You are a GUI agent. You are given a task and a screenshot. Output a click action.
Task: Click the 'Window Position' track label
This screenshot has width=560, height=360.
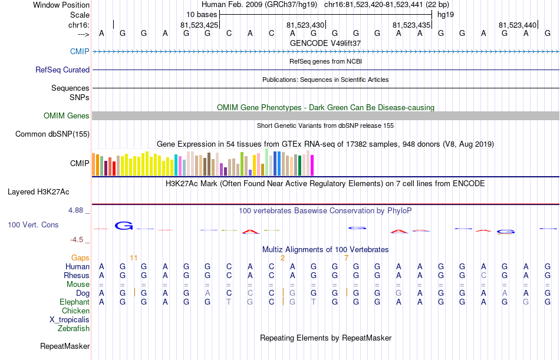61,5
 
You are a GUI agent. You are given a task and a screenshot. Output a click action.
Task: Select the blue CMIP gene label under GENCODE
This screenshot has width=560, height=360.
80,51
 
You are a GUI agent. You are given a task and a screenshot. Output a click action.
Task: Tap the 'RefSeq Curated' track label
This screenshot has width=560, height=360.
62,70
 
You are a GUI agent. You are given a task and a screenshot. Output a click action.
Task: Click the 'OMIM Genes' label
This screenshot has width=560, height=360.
67,115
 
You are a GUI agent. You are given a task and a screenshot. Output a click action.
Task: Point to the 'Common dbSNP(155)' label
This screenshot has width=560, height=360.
52,134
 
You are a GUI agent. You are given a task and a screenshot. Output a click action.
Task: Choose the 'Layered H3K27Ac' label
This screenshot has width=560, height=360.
38,192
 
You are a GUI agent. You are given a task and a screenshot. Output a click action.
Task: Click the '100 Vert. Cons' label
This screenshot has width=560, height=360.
33,224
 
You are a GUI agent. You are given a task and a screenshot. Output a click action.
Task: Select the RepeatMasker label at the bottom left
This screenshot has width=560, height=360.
65,346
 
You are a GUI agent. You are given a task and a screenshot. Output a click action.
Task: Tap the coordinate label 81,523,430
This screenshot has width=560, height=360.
305,25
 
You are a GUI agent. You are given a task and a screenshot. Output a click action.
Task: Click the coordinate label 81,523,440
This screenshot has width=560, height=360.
518,25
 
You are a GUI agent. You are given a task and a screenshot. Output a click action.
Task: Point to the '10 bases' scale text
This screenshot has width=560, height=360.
202,15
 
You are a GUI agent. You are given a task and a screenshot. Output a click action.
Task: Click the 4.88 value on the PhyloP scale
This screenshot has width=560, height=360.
75,210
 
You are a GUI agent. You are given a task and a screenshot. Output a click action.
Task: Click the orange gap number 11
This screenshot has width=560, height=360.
134,258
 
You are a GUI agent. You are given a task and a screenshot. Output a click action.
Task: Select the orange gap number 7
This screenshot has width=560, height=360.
346,258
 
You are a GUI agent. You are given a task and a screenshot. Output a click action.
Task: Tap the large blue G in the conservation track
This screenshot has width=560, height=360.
124,226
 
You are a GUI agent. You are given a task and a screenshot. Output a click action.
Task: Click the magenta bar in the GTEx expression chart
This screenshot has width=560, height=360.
312,165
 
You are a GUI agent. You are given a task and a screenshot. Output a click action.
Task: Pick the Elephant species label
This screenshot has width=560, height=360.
74,302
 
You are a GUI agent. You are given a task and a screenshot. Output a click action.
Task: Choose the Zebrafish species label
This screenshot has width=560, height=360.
74,329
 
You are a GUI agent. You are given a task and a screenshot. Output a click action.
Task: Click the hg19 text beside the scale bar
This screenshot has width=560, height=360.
446,15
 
